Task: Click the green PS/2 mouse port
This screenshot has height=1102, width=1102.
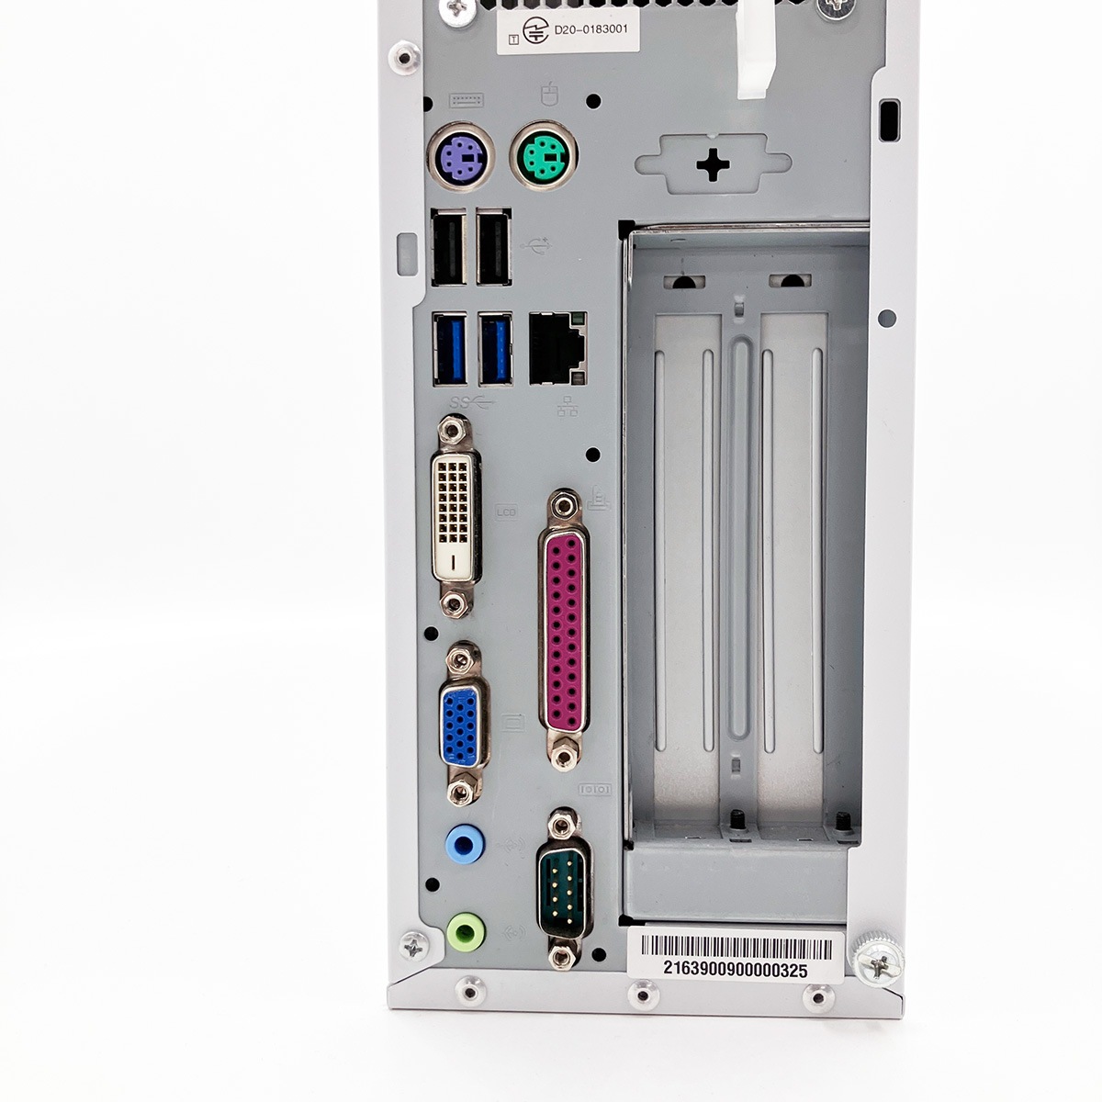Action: [543, 155]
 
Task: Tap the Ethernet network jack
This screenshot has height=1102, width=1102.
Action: [557, 348]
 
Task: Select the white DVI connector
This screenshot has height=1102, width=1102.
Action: [455, 517]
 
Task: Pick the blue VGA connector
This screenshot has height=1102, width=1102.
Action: [462, 724]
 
